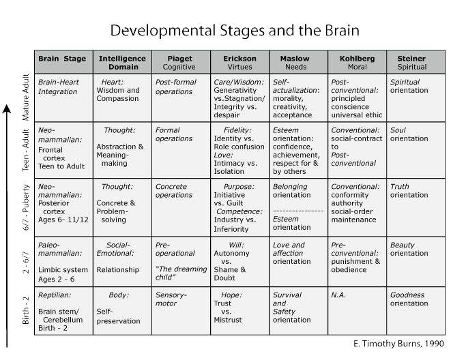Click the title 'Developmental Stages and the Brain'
tap(233, 30)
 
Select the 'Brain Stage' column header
tap(61, 59)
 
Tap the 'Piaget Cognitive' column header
tap(179, 63)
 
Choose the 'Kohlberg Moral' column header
tap(357, 63)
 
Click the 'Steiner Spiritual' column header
tap(411, 63)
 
